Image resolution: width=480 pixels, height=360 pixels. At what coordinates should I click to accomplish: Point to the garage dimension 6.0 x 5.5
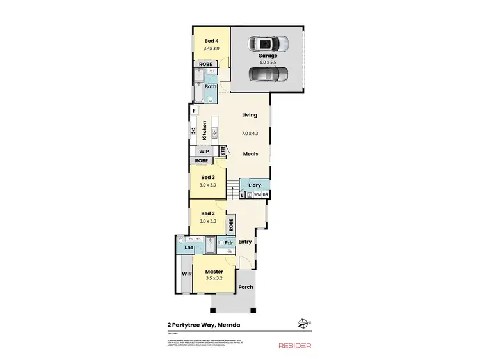(268, 63)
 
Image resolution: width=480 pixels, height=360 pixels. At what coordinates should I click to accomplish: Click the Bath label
(211, 86)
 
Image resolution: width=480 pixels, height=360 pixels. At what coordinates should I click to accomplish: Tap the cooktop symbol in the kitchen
(193, 130)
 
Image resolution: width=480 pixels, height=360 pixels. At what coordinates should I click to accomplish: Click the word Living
(249, 115)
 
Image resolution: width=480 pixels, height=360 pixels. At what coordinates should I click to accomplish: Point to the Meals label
(250, 154)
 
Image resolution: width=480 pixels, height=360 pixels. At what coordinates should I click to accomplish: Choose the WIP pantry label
(204, 152)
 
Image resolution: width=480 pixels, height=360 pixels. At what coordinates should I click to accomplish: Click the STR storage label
(223, 152)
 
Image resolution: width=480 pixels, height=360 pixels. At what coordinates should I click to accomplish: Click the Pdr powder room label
(228, 243)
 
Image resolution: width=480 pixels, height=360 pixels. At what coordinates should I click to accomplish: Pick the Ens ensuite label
(189, 247)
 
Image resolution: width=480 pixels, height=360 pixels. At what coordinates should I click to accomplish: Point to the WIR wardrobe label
(187, 273)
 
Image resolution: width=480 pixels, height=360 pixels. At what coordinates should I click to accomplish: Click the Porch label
(246, 287)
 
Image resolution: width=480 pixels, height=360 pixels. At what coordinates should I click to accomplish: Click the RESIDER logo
(294, 345)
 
